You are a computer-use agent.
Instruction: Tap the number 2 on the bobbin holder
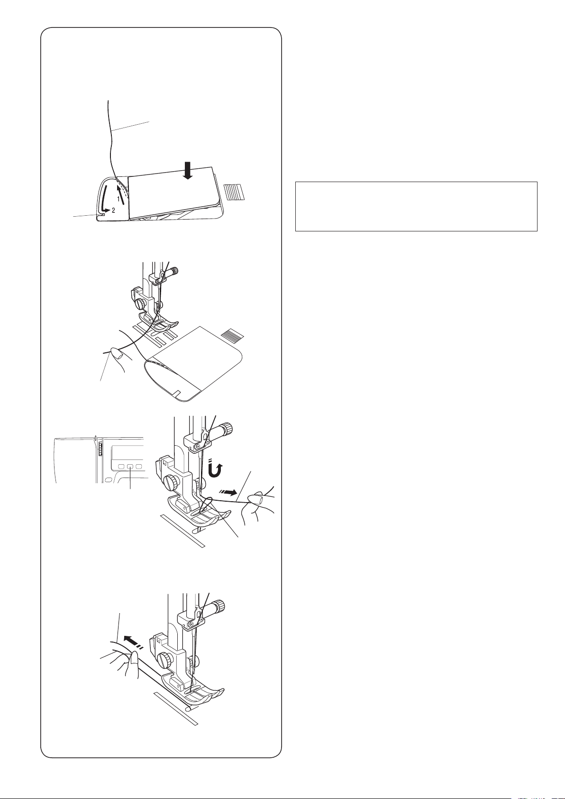113,211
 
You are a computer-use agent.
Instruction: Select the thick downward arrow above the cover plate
189,170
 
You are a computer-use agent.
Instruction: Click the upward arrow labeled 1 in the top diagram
121,193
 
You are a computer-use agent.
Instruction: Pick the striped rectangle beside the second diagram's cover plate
232,334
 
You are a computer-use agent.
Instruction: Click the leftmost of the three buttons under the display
121,467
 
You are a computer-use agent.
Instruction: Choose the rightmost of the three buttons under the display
139,467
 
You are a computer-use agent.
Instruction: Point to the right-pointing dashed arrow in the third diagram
228,493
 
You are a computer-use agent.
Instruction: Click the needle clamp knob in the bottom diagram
216,606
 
